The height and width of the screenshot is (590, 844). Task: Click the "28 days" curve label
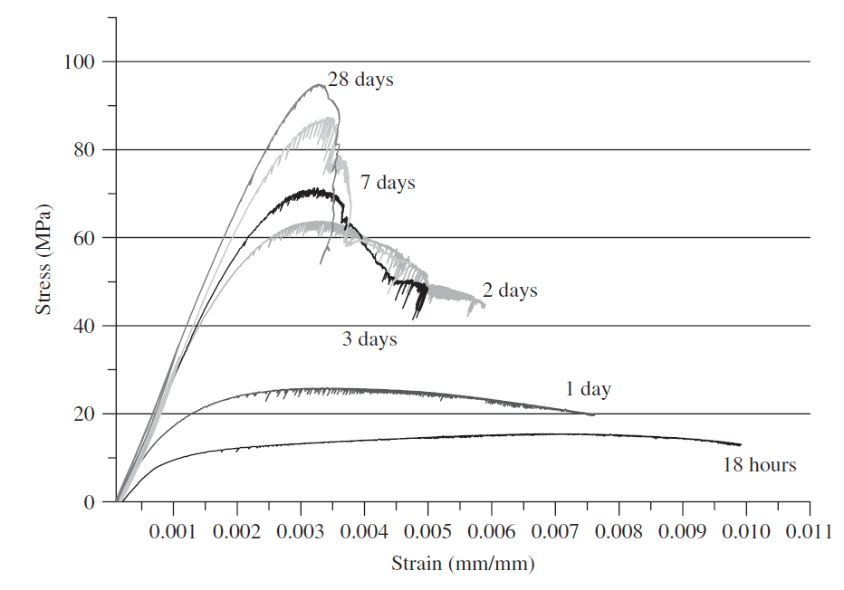coord(360,80)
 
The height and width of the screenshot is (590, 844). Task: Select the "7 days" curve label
coord(388,182)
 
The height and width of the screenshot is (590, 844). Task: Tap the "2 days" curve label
coord(510,290)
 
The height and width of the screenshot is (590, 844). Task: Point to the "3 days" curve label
coord(369,339)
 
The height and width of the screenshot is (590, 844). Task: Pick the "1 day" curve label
coord(588,389)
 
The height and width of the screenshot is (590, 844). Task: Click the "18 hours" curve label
coord(759,465)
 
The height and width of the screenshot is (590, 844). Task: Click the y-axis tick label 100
coord(79,62)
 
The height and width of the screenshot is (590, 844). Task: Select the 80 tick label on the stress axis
coord(84,149)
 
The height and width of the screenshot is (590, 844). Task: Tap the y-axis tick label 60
coord(84,238)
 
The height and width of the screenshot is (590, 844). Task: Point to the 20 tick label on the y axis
coord(84,414)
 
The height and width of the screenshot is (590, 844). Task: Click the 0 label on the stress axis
coord(90,502)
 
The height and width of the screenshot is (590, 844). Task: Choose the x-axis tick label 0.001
coord(173,532)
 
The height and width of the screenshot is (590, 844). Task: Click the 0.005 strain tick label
coord(428,532)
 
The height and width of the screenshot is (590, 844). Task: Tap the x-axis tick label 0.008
coord(619,532)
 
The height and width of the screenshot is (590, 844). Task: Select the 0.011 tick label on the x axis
coord(810,532)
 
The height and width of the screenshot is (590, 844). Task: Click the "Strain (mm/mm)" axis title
coord(463,564)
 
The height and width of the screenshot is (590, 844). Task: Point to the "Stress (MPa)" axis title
coord(43,259)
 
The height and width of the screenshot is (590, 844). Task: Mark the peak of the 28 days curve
coord(319,84)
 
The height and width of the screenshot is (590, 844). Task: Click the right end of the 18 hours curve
coord(741,445)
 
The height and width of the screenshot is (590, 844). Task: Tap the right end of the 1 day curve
coord(594,414)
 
